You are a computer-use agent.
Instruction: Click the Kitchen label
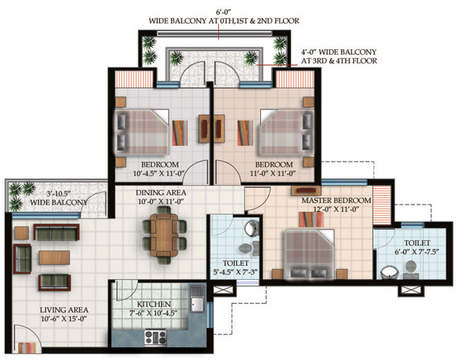[154, 304]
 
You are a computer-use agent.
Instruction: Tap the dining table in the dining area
[164, 235]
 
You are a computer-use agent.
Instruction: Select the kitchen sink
[197, 299]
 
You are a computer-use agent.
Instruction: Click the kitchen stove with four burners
[155, 337]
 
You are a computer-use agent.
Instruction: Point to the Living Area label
[64, 310]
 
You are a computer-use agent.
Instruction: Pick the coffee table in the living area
[55, 258]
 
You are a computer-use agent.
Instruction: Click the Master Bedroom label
[336, 201]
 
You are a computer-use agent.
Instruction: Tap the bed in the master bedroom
[309, 254]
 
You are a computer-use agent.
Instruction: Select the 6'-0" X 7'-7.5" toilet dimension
[416, 252]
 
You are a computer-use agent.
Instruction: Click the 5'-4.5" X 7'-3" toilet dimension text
[236, 272]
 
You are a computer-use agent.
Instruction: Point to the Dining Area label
[161, 193]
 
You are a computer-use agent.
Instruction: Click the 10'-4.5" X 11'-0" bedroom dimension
[159, 174]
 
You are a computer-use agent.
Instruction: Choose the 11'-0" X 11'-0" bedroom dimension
[273, 174]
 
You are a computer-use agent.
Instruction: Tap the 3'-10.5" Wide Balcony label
[59, 198]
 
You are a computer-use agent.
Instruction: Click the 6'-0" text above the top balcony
[224, 13]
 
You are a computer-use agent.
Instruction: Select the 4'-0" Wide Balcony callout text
[339, 56]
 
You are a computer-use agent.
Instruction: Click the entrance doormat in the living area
[28, 347]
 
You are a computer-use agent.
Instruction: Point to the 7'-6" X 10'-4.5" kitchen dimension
[154, 313]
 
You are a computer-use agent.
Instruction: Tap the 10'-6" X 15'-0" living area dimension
[64, 319]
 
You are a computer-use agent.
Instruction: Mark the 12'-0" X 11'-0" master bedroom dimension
[336, 209]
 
